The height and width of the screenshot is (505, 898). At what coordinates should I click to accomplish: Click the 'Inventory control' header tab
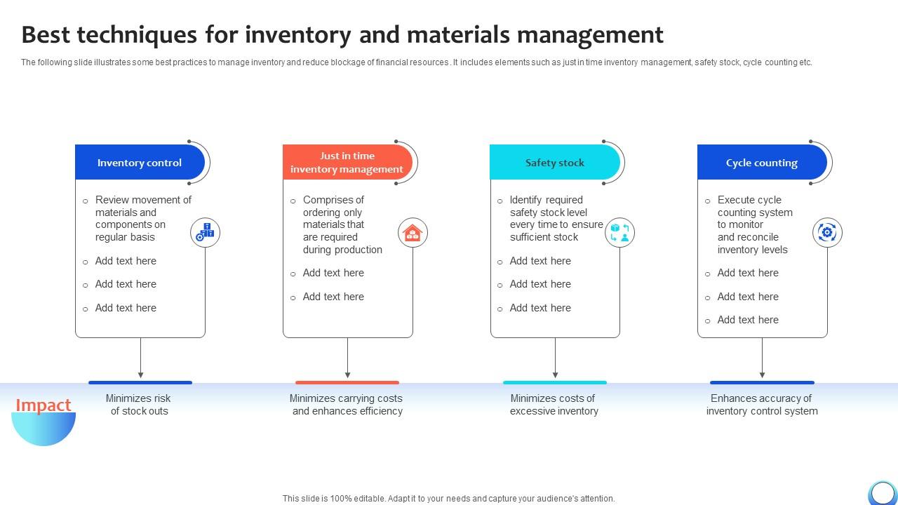[139, 163]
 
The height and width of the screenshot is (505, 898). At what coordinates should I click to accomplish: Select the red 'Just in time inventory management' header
[347, 163]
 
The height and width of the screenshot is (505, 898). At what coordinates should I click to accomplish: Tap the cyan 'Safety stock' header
[554, 163]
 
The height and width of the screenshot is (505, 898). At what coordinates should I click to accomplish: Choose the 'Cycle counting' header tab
[761, 163]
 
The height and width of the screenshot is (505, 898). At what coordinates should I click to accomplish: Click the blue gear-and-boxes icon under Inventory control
[206, 232]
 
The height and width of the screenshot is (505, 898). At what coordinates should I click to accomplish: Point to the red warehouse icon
[413, 232]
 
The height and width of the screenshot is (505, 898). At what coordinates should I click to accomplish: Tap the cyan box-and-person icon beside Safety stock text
[619, 232]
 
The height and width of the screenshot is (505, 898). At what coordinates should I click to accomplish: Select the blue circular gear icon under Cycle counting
[827, 232]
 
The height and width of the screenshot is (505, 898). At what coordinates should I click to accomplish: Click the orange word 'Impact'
[43, 405]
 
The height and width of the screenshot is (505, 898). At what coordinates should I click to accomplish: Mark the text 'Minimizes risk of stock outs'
[139, 405]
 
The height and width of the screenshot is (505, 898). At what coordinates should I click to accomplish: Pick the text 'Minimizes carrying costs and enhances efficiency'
[347, 405]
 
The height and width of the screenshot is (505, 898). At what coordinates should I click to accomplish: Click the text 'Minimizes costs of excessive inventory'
[554, 405]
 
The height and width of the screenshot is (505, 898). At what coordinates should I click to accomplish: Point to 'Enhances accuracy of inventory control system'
[761, 405]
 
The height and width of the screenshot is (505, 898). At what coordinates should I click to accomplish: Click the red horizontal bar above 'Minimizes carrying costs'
[347, 382]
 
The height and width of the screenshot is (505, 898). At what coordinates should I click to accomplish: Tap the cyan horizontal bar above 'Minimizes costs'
[554, 382]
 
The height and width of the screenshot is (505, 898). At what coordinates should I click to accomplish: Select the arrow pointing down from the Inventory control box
[140, 359]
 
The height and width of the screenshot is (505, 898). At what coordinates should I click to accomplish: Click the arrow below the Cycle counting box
[762, 359]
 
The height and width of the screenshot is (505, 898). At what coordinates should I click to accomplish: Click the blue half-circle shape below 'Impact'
[43, 429]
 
